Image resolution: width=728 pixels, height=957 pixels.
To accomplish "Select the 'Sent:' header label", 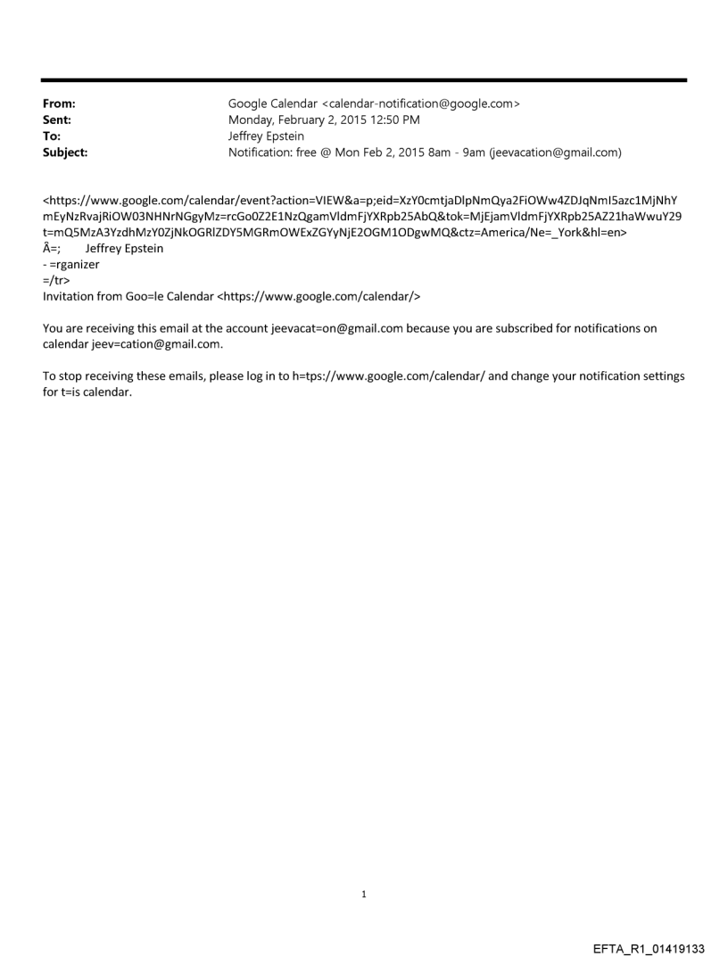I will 55,120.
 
